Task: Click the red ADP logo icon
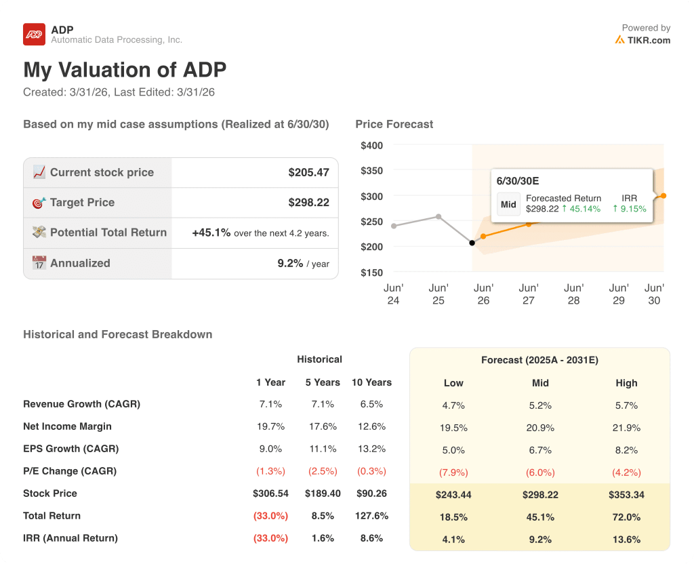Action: coord(34,34)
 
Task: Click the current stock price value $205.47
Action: coord(308,172)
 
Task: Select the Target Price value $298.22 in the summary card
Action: coord(308,202)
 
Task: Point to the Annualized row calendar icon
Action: coord(39,263)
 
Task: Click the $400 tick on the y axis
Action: coord(371,145)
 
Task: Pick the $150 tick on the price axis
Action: coord(371,273)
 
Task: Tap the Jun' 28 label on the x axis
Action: coord(573,294)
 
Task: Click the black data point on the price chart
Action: coord(472,243)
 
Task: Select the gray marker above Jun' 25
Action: coord(438,217)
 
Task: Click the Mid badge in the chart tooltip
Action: coord(508,204)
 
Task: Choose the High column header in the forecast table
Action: coord(626,383)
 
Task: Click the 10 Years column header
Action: coord(371,382)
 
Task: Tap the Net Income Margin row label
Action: coord(67,426)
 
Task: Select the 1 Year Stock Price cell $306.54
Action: coord(270,493)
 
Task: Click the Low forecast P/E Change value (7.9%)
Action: coord(453,472)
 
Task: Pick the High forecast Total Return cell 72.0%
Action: coord(626,517)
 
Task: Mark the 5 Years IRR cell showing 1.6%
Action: coord(323,538)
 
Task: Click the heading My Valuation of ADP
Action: coord(125,70)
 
